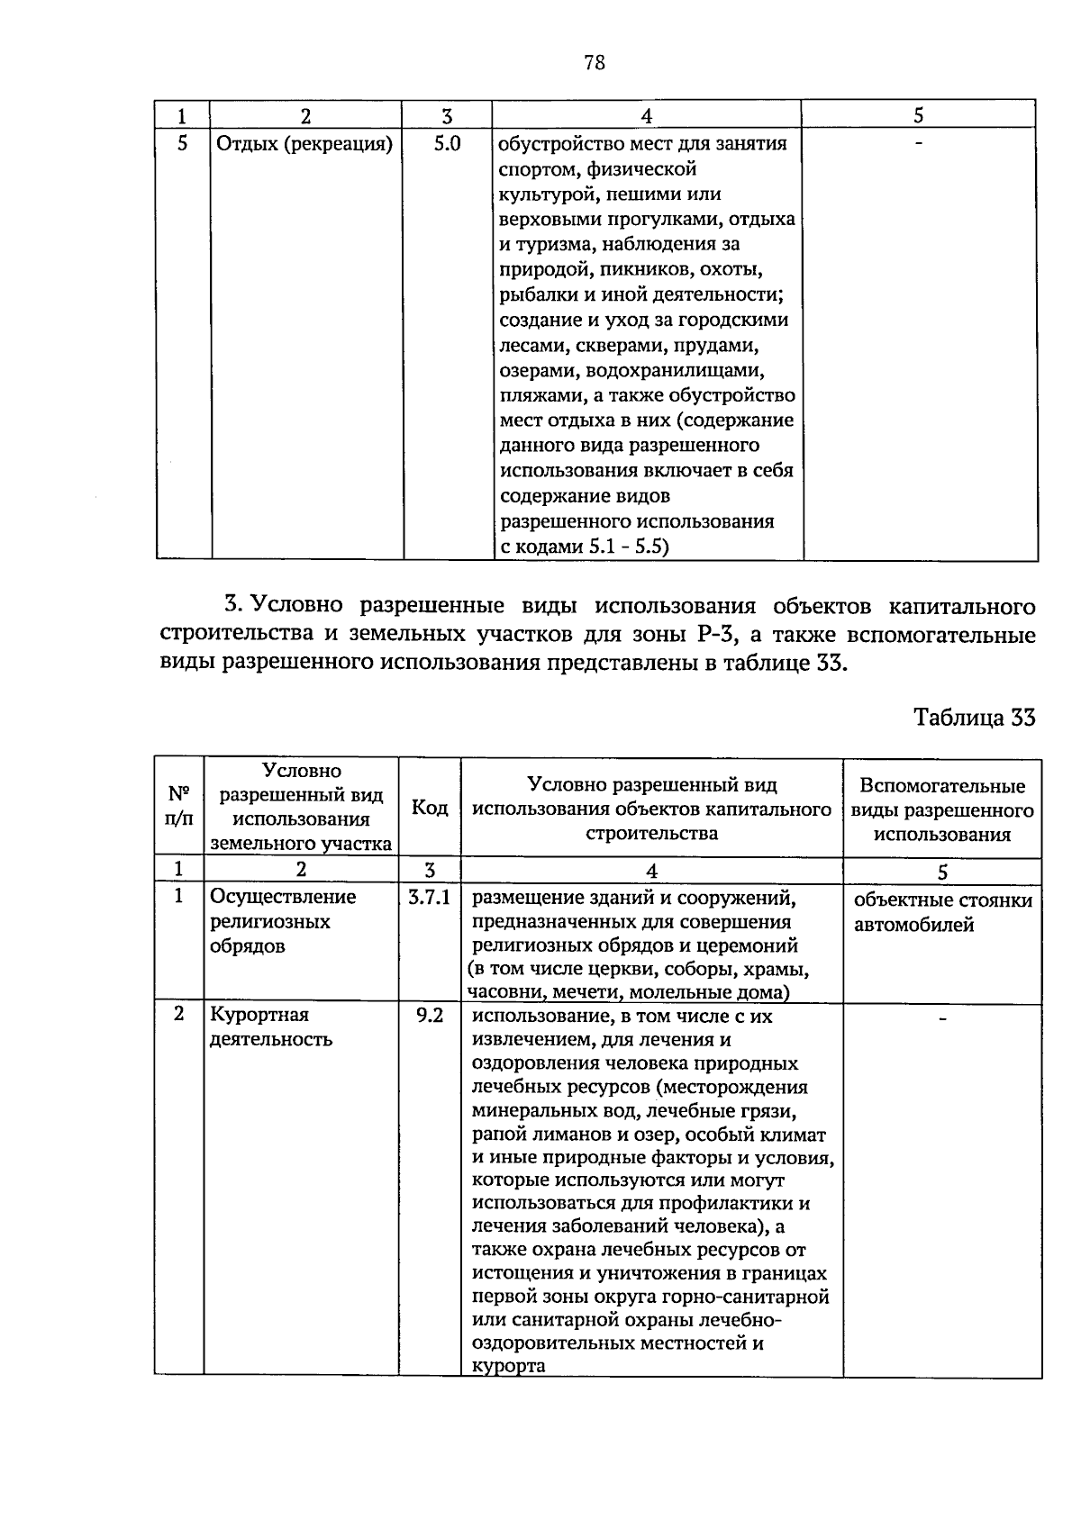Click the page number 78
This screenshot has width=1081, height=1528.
(594, 62)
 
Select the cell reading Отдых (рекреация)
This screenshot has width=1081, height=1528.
(304, 143)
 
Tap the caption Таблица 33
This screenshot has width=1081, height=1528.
(974, 717)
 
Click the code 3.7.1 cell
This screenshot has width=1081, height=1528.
(430, 897)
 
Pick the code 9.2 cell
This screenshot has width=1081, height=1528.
(430, 1016)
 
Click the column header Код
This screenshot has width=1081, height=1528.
(430, 808)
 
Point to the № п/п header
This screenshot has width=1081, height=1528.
(180, 807)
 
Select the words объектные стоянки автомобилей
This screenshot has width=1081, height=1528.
(942, 912)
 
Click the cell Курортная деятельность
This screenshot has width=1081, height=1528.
(271, 1026)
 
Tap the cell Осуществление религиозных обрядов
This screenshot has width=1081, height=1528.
(282, 921)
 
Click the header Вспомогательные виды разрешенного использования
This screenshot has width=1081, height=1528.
(942, 809)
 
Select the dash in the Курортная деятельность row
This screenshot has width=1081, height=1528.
(942, 1018)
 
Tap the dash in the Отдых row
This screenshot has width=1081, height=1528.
(918, 144)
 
